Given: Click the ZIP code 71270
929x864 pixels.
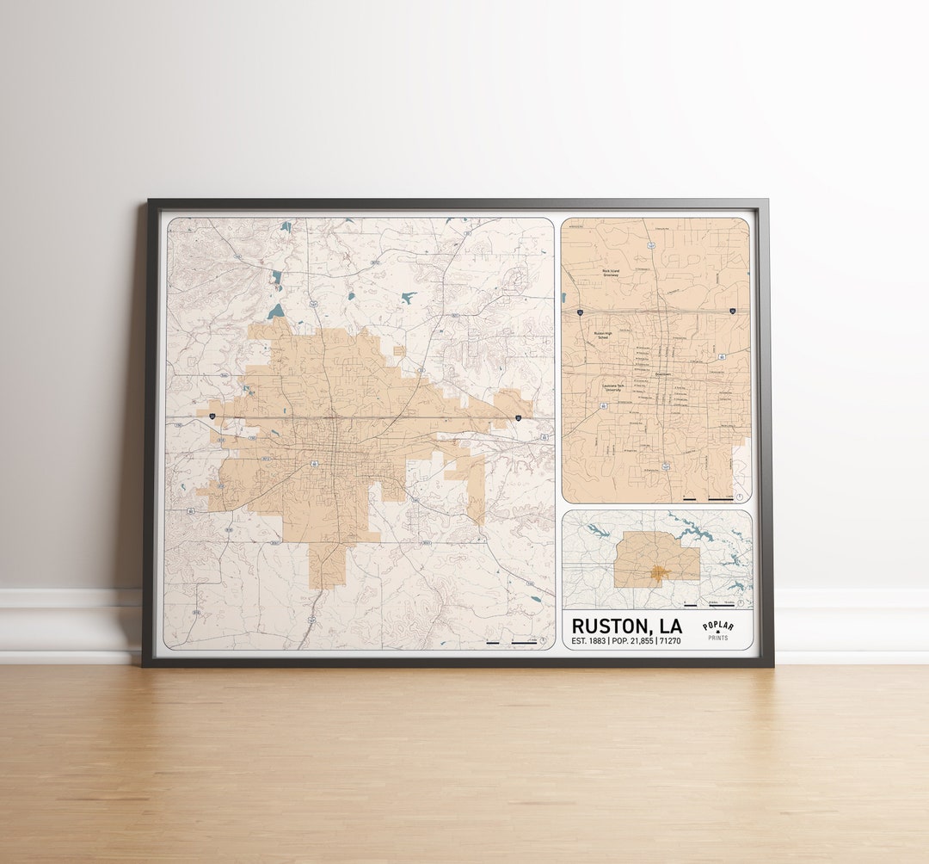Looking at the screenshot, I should point(670,641).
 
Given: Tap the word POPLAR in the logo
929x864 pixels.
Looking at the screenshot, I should point(718,626).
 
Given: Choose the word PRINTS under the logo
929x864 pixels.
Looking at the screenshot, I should point(718,639).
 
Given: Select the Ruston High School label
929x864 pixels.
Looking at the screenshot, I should point(603,336).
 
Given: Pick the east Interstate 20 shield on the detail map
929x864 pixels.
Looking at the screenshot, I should point(732,311).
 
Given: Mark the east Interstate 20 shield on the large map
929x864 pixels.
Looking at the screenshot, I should point(519,417).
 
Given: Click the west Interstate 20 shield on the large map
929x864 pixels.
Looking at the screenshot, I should point(212,417).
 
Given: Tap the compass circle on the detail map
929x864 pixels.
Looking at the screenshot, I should point(741,496).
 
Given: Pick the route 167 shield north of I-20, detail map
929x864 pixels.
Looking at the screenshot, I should point(652,246).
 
